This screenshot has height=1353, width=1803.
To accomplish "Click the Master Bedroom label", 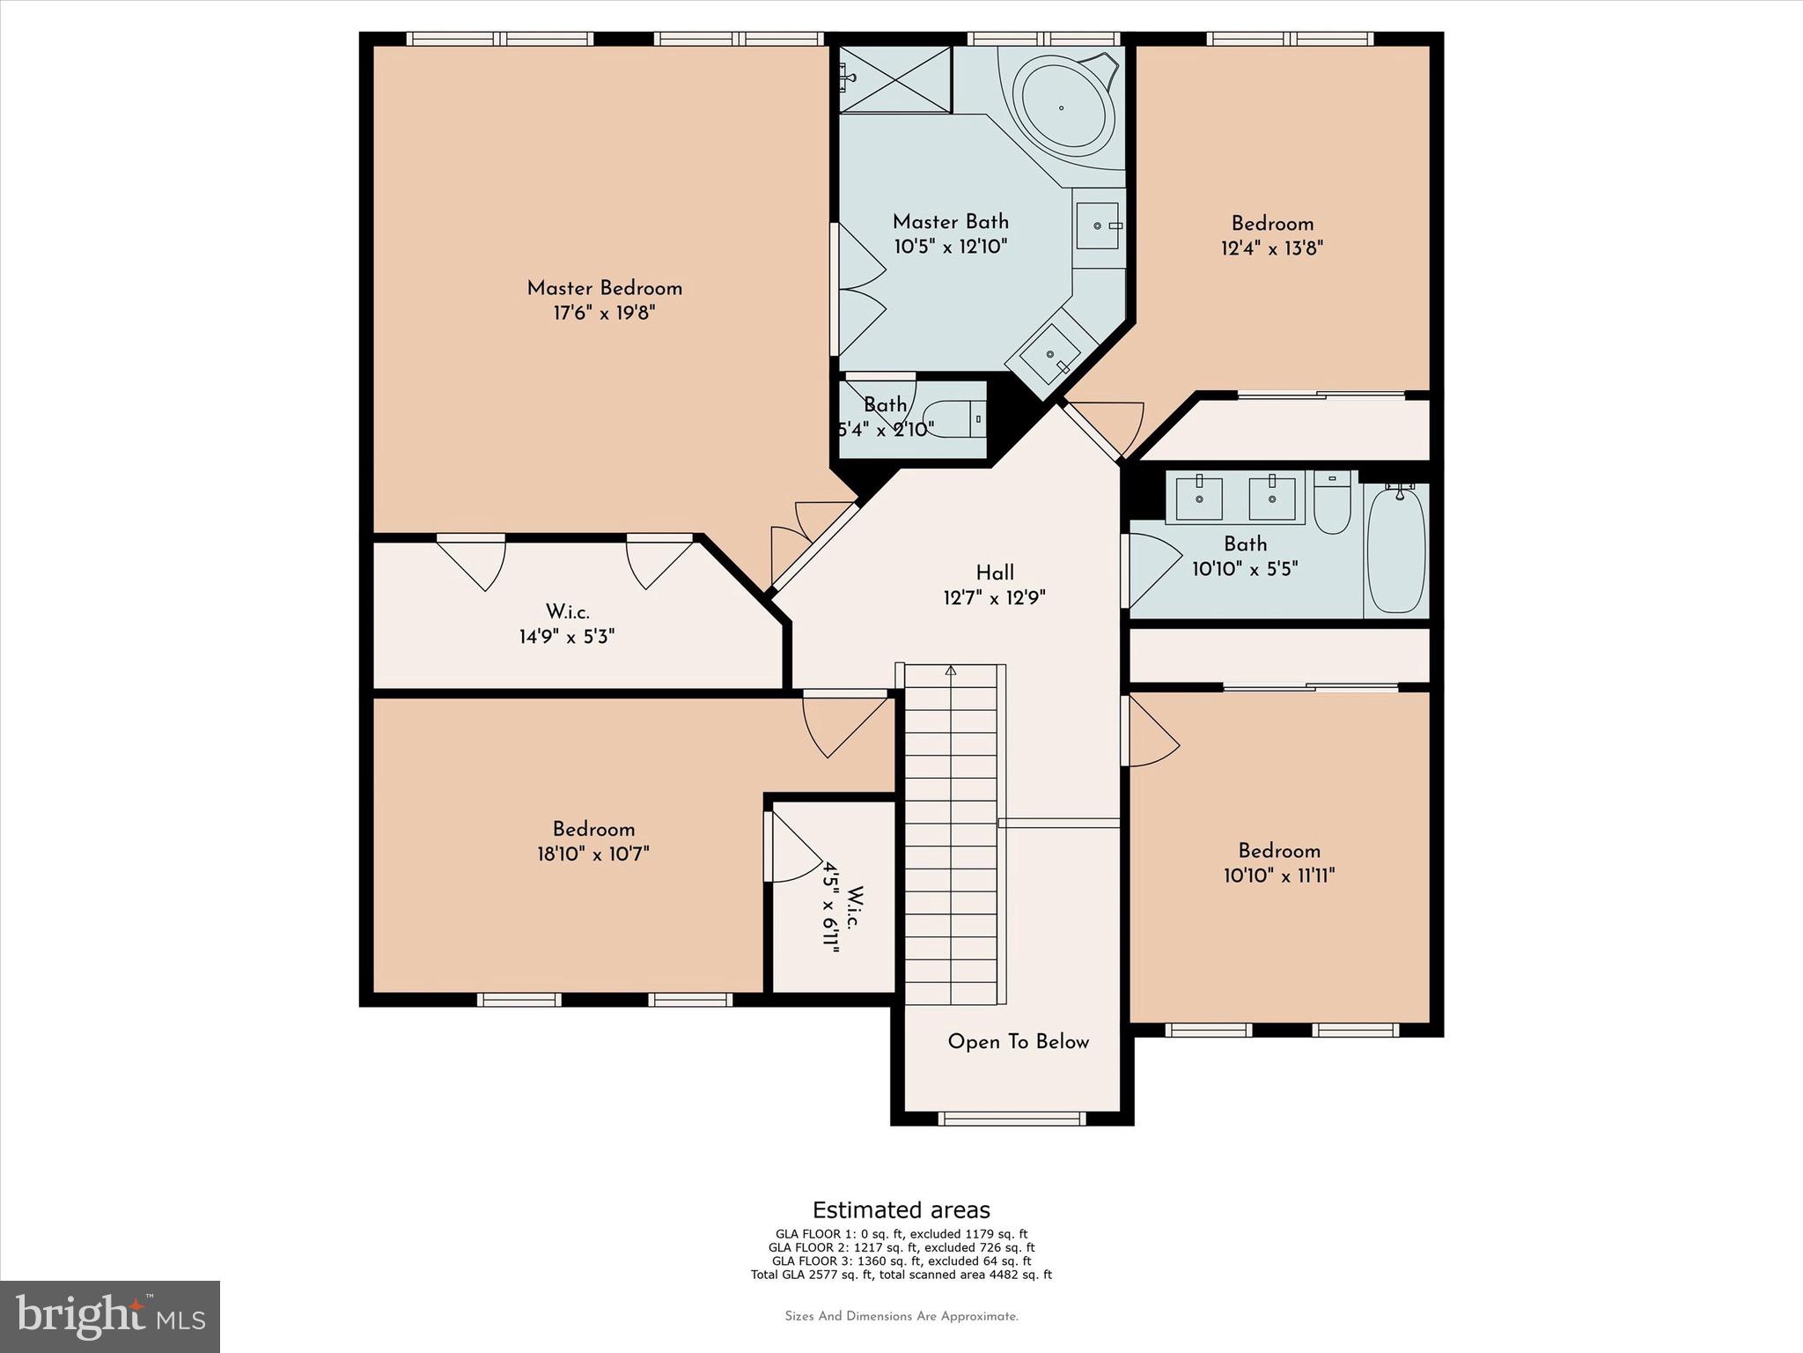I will point(604,288).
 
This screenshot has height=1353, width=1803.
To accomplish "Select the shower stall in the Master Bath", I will point(895,80).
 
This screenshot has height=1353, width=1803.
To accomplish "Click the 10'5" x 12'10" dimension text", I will point(950,247).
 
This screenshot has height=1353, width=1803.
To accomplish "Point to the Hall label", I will point(995,573).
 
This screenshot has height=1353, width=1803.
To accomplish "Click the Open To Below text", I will point(1018,1042).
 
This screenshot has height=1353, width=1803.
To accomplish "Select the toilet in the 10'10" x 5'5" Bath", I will point(1331,506).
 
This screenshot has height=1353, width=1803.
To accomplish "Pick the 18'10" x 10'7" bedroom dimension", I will point(592,854).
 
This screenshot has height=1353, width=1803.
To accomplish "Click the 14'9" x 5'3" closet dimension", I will point(566,636).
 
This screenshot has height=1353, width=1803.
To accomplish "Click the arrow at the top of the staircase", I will point(951,671).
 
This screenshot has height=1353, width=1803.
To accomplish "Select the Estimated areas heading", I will point(901,1209).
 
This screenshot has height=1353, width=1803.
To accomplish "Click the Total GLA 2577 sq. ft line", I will point(901,1275).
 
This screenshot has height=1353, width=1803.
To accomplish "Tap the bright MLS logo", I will point(110,1317).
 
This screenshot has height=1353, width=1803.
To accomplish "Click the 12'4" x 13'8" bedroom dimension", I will point(1271,248).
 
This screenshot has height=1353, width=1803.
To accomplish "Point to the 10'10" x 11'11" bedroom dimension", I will point(1278,876).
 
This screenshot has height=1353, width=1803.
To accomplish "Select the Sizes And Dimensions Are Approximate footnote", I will point(901,1316).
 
